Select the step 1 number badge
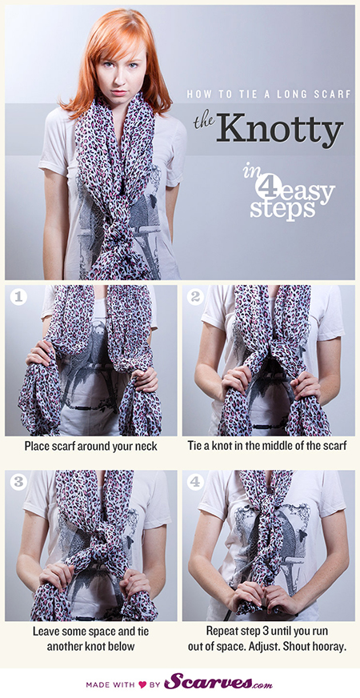[18, 297]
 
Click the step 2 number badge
[195, 297]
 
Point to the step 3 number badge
[18, 482]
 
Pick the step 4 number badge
[195, 482]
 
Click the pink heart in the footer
[142, 684]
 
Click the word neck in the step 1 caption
[145, 446]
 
